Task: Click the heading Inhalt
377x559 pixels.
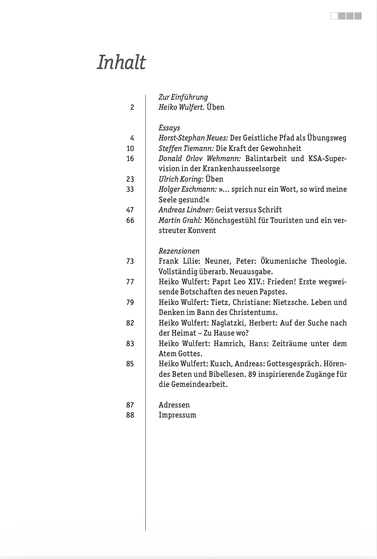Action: pos(121,63)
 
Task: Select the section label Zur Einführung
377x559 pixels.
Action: pos(183,97)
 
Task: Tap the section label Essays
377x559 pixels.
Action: pos(169,128)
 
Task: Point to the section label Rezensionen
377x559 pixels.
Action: pos(179,251)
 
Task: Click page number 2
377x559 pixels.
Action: pos(132,107)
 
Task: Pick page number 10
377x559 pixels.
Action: pos(130,149)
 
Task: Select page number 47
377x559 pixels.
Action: pos(130,210)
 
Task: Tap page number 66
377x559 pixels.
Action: pos(130,220)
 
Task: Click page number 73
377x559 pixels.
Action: pos(130,261)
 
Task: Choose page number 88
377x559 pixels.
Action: pos(130,415)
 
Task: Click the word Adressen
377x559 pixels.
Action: pos(174,405)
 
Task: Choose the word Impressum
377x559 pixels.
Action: pos(177,415)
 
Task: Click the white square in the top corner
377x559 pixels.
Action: pos(334,16)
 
